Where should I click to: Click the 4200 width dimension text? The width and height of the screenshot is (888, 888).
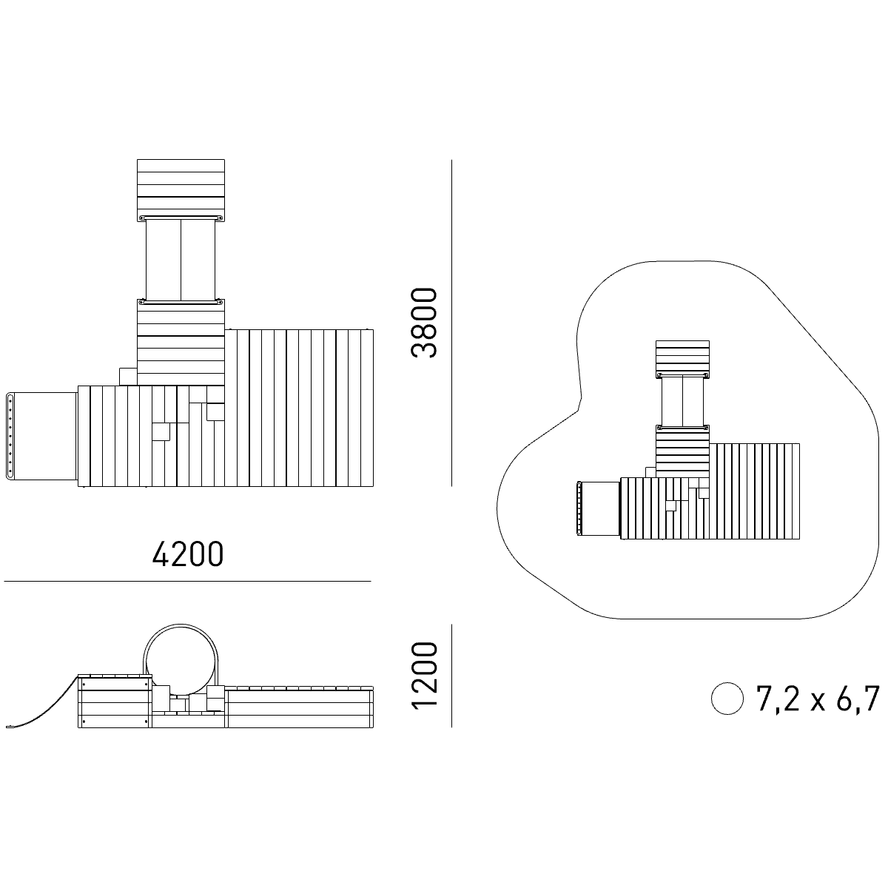[188, 554]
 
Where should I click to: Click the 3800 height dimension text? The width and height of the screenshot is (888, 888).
[423, 323]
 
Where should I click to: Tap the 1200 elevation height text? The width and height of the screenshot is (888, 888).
[423, 675]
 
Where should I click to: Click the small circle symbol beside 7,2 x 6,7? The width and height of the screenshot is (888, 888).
[727, 699]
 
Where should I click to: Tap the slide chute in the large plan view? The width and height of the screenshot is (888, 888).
[41, 435]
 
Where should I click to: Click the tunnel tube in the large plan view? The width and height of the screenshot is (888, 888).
[181, 260]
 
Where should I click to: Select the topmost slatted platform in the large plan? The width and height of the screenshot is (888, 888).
[181, 190]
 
